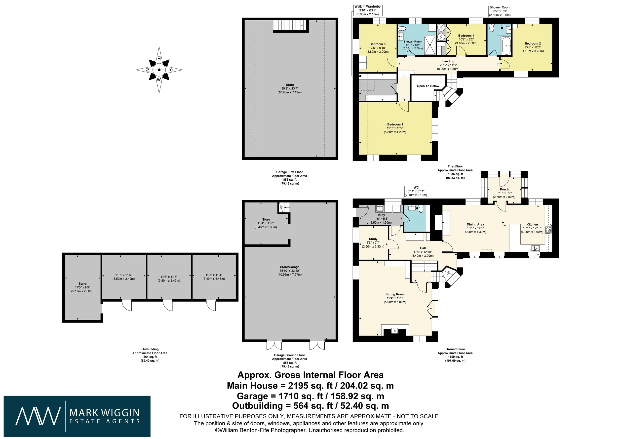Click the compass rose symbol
pyautogui.click(x=159, y=70)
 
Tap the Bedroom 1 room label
pyautogui.click(x=395, y=124)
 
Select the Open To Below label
pyautogui.click(x=428, y=86)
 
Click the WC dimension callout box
pyautogui.click(x=416, y=191)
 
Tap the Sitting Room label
pyautogui.click(x=395, y=294)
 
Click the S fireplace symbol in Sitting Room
pyautogui.click(x=395, y=331)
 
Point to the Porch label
pyautogui.click(x=504, y=189)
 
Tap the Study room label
pyautogui.click(x=373, y=239)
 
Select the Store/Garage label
pyautogui.click(x=290, y=267)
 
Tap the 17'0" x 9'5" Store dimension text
pyautogui.click(x=82, y=287)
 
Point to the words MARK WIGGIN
pyautogui.click(x=105, y=413)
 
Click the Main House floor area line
pyautogui.click(x=310, y=385)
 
